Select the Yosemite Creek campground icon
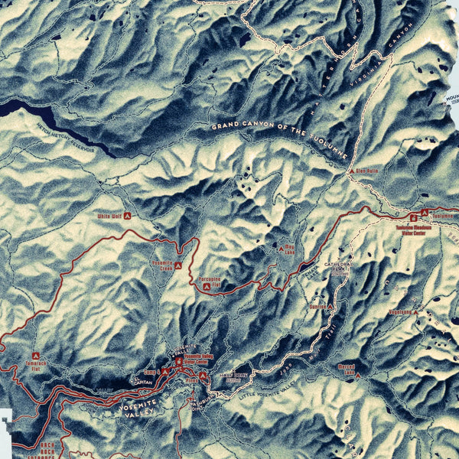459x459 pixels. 178,265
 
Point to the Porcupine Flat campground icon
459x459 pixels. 207,287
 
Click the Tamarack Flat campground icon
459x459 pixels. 36,356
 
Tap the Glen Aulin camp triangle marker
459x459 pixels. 352,172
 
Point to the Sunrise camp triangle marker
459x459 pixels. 332,306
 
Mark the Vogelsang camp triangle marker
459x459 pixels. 416,312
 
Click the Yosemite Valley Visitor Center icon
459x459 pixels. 179,361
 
